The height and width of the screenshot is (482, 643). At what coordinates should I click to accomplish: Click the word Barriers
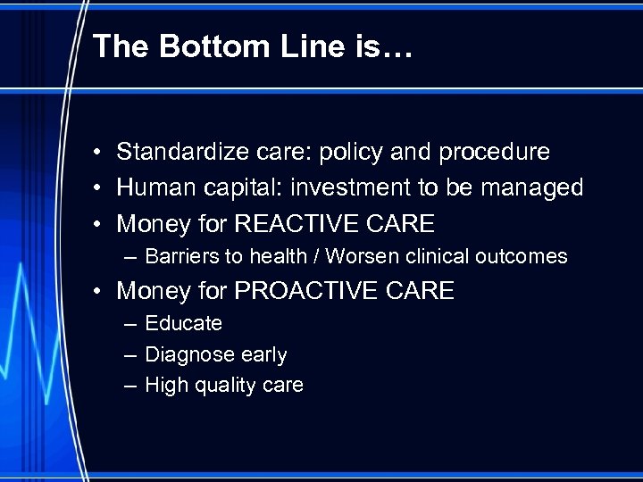click(181, 257)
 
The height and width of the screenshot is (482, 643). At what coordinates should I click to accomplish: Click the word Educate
click(183, 323)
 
